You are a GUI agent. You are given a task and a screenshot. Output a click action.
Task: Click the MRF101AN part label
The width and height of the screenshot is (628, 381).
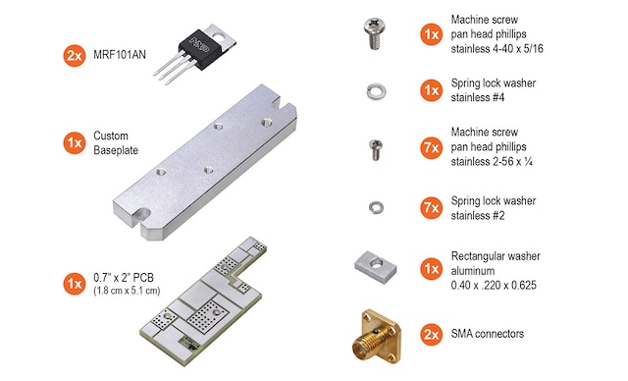pos(120,54)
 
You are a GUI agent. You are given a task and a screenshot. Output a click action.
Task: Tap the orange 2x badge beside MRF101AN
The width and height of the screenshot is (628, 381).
pos(75,55)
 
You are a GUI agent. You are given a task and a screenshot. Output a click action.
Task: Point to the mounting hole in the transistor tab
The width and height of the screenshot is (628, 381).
pos(219,37)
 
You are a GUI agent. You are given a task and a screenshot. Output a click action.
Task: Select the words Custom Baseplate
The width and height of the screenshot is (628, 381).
pos(116,142)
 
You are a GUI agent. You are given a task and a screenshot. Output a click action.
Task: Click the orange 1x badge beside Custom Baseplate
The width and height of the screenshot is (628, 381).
pos(75,143)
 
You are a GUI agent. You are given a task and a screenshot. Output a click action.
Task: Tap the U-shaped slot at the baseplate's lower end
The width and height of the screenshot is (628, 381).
pos(141,215)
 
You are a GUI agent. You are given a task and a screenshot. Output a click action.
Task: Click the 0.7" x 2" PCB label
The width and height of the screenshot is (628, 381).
pos(124,277)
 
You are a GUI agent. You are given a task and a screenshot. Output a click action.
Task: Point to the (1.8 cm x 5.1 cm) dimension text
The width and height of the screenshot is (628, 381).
pos(127,290)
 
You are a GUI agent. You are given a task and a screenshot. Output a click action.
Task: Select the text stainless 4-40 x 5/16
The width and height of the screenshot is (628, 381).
pos(497,49)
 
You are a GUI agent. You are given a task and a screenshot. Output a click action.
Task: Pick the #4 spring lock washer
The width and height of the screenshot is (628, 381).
pos(376,91)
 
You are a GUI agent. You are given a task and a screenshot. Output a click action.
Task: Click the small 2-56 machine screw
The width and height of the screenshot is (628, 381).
pos(376,150)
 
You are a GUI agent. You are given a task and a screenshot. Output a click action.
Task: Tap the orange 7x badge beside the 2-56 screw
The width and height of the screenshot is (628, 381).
pos(432,148)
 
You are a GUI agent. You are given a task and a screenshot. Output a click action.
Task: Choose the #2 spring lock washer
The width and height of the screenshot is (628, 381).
pos(376,207)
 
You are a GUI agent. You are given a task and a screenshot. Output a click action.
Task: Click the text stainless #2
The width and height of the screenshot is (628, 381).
pos(478,215)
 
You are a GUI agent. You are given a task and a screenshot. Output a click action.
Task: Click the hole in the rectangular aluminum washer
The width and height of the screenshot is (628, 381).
pos(377,263)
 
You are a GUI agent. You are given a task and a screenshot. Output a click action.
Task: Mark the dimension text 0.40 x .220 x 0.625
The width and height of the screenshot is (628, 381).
pos(494,285)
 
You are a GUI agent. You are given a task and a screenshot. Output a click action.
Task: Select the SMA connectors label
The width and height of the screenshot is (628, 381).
pos(488,334)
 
